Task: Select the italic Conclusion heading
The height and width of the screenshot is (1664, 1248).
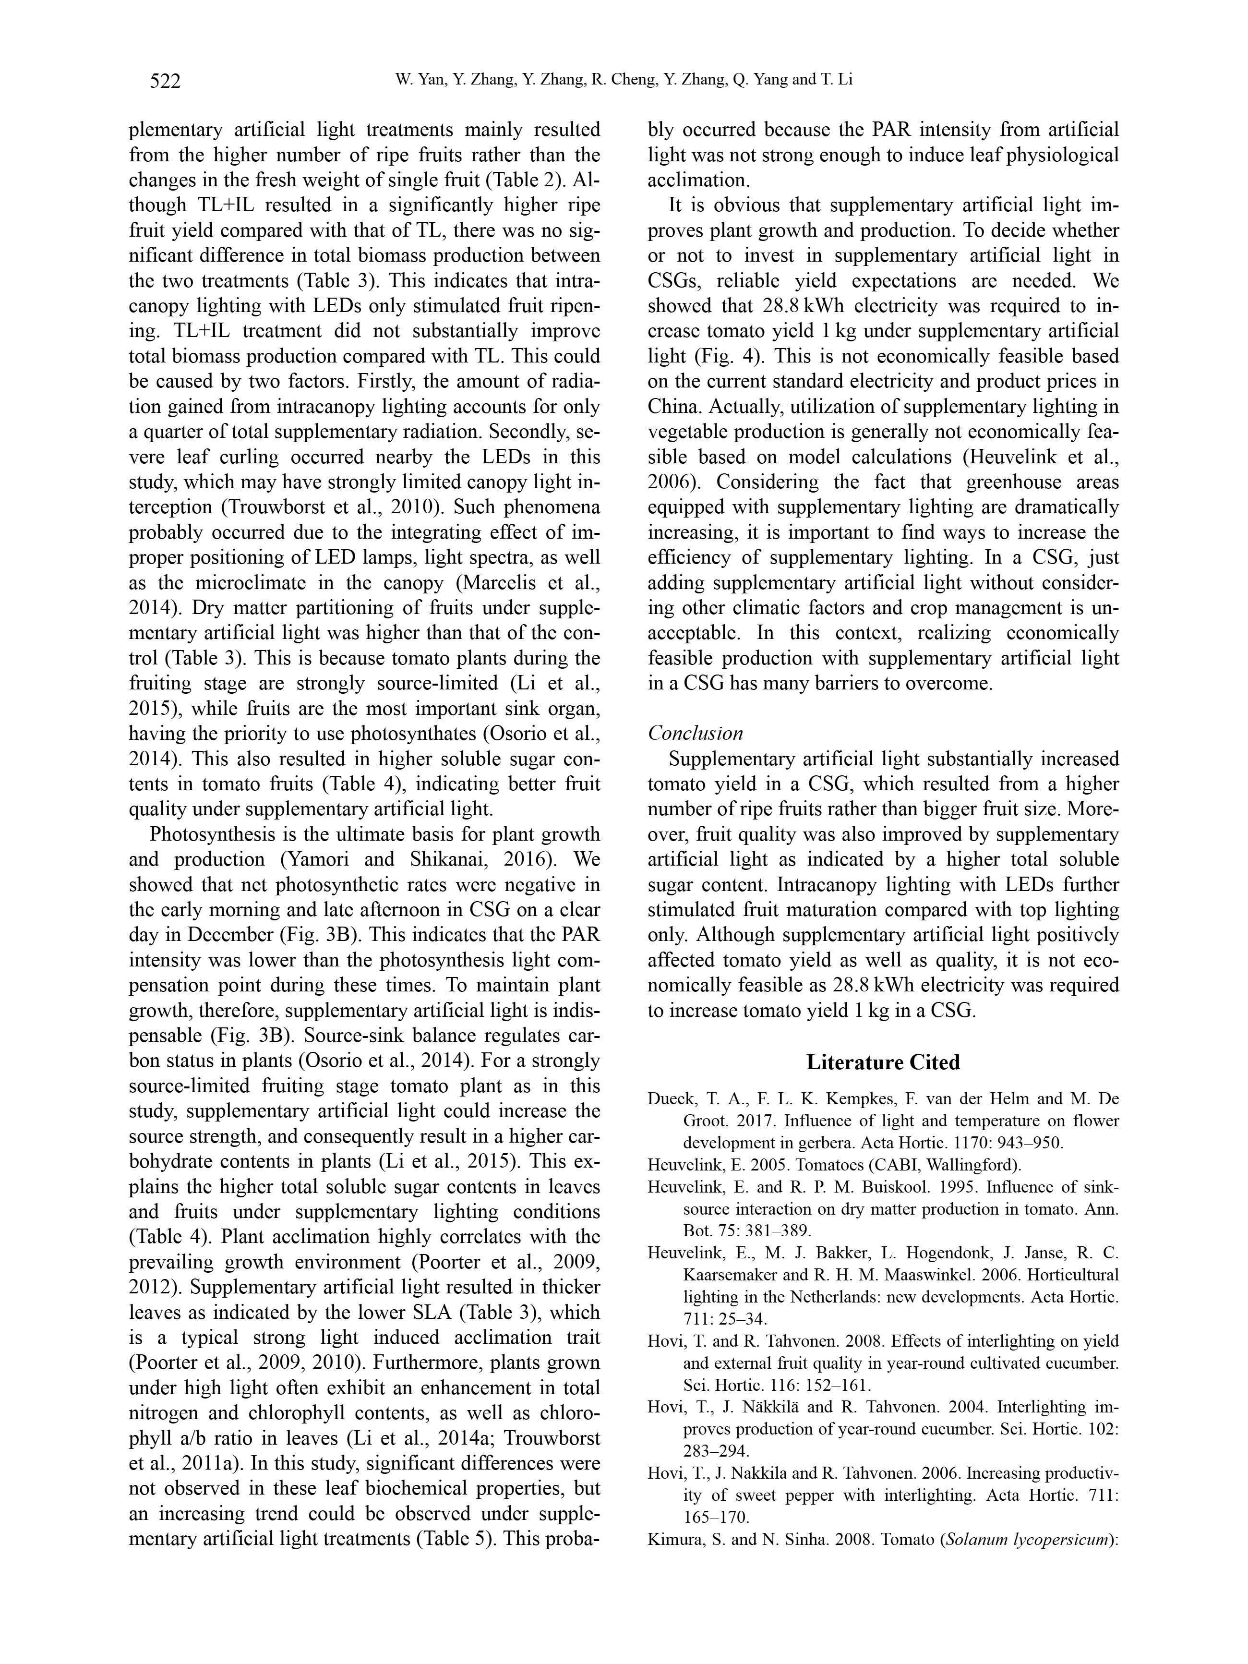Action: [x=695, y=733]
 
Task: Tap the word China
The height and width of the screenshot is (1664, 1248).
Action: [x=674, y=407]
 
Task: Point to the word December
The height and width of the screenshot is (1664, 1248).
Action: [x=230, y=935]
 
